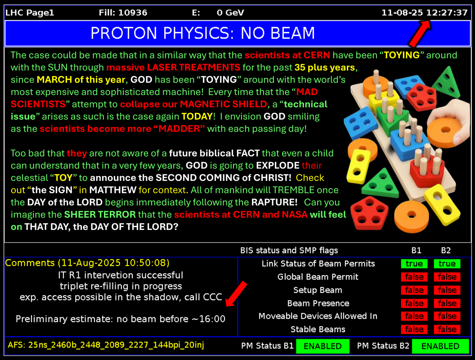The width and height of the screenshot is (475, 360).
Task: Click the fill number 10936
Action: [x=133, y=13]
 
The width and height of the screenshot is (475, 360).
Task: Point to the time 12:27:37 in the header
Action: [x=447, y=13]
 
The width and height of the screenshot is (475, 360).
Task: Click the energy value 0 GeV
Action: [x=230, y=13]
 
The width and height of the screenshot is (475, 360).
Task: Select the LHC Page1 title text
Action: [x=30, y=13]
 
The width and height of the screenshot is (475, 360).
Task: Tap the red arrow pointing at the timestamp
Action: [x=420, y=34]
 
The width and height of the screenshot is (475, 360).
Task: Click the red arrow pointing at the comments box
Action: [x=237, y=294]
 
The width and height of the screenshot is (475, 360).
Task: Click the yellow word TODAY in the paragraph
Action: [x=197, y=117]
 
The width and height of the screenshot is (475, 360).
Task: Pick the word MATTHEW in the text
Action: [x=113, y=190]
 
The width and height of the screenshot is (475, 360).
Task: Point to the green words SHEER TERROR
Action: [x=100, y=215]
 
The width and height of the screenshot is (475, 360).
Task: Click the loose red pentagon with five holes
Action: [x=369, y=212]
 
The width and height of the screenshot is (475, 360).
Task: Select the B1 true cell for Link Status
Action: [x=414, y=264]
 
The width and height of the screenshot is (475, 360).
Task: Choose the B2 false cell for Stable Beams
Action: [x=447, y=329]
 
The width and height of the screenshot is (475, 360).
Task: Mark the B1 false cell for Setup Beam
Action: [x=414, y=290]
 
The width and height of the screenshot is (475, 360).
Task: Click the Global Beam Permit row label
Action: [x=318, y=277]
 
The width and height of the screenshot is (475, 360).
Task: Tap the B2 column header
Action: [x=446, y=250]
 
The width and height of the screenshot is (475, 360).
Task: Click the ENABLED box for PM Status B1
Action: [x=323, y=346]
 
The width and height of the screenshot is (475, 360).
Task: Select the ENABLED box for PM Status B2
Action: [x=440, y=346]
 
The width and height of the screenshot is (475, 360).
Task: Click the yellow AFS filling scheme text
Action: [x=106, y=345]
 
